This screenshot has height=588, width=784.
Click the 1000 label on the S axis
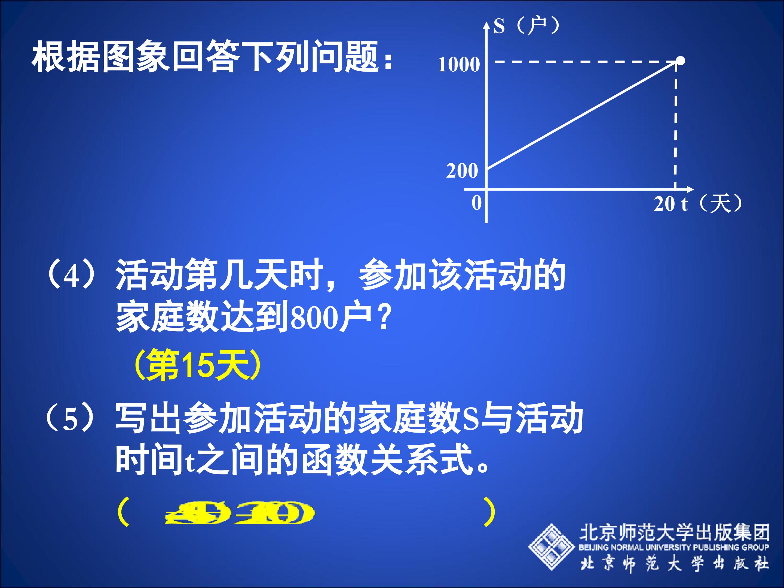click(x=459, y=65)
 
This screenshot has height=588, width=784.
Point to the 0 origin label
click(x=477, y=203)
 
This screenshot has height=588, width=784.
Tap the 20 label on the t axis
click(x=664, y=204)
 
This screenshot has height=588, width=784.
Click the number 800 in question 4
click(x=313, y=318)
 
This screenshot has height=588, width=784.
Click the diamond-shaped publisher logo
click(x=551, y=547)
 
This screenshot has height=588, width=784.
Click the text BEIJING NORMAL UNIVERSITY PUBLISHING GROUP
click(x=674, y=547)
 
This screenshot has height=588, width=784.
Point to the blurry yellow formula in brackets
click(x=240, y=513)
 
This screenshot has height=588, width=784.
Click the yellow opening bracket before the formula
click(x=122, y=512)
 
